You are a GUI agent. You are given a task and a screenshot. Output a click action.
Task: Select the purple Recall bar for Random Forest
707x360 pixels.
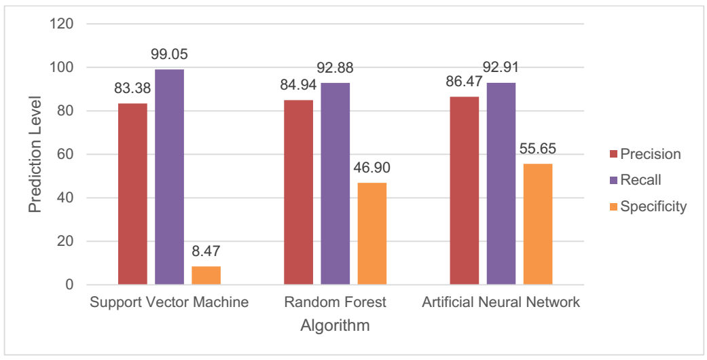336,183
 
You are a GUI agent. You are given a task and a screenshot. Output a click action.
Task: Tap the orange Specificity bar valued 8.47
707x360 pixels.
206,275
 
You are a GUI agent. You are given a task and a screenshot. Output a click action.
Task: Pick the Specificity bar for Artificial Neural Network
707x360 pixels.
538,224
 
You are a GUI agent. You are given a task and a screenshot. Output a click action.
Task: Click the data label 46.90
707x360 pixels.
372,168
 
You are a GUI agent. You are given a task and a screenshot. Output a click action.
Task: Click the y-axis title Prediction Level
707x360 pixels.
35,155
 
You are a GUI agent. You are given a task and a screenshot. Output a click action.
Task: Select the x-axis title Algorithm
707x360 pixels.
335,326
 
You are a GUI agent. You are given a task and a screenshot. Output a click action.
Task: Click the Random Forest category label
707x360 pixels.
336,302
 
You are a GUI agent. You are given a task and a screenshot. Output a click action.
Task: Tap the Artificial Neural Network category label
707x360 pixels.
501,302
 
